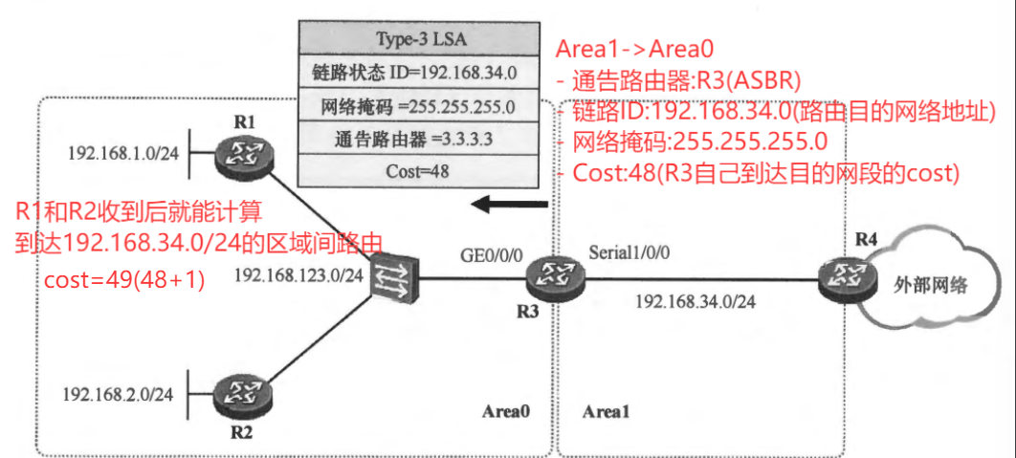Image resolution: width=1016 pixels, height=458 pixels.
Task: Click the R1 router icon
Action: [x=238, y=154]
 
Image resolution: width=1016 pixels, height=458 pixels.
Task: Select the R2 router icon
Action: [x=236, y=393]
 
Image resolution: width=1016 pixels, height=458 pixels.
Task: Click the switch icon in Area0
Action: [x=391, y=277]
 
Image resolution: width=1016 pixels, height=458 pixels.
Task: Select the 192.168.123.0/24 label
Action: [x=298, y=276]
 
